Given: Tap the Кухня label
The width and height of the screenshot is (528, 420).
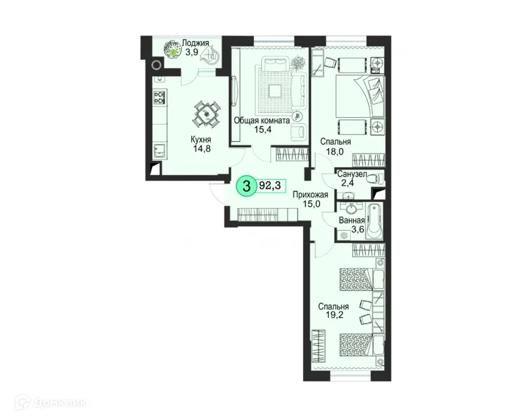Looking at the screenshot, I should (x=201, y=141).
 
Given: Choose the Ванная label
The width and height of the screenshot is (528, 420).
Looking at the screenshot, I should (x=352, y=219).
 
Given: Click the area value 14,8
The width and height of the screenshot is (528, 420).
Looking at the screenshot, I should (x=201, y=151).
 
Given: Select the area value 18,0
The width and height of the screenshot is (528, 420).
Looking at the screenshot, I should (x=335, y=152).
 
